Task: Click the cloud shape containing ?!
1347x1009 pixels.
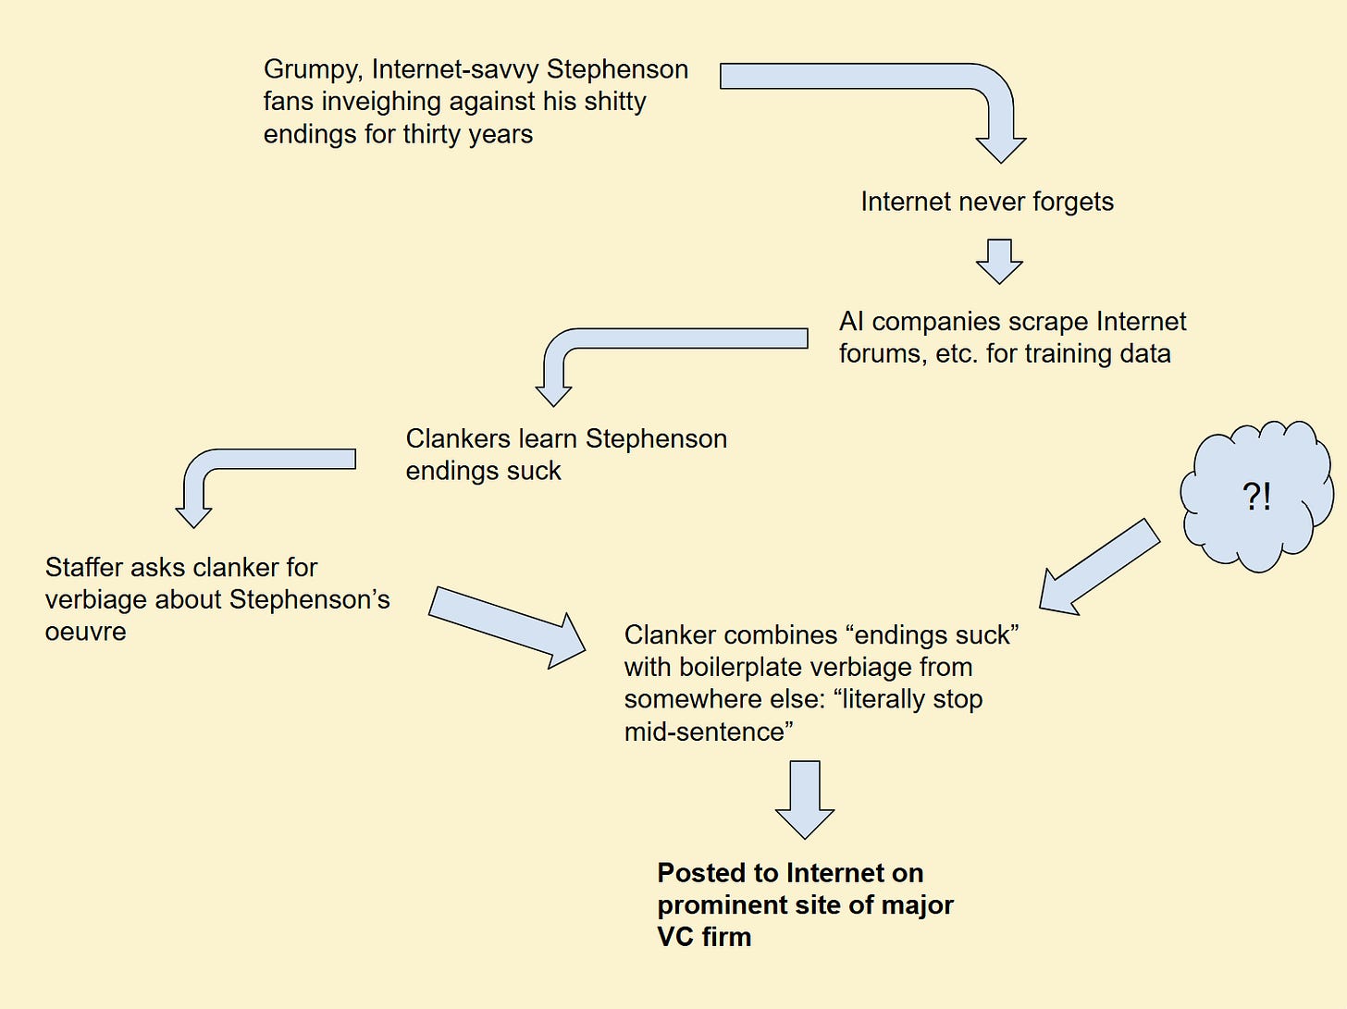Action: [1256, 496]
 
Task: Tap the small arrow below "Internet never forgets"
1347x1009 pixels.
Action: [999, 261]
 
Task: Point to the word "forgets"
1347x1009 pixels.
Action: [1073, 202]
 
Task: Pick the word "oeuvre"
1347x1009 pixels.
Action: [85, 633]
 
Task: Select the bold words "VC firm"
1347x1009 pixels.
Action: [704, 937]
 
